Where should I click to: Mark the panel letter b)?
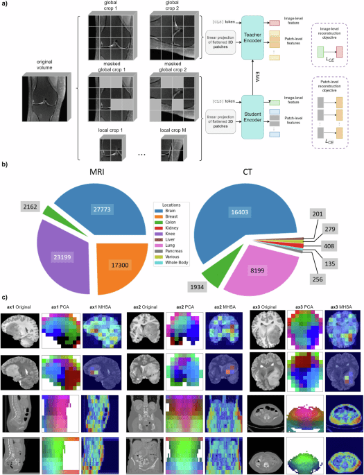(4, 166)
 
